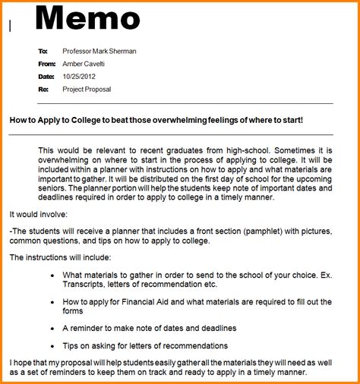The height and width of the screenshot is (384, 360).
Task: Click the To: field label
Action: pyautogui.click(x=43, y=51)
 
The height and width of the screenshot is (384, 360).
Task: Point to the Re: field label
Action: pyautogui.click(x=43, y=90)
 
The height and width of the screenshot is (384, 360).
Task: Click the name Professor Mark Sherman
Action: pyautogui.click(x=99, y=51)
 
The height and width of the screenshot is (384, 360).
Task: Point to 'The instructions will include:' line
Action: pyautogui.click(x=61, y=257)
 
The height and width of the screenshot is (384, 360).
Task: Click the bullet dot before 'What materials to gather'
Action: pyautogui.click(x=51, y=275)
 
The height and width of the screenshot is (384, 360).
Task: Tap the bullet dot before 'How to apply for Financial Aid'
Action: pyautogui.click(x=51, y=301)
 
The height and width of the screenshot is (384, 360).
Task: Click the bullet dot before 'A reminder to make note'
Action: pyautogui.click(x=51, y=328)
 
